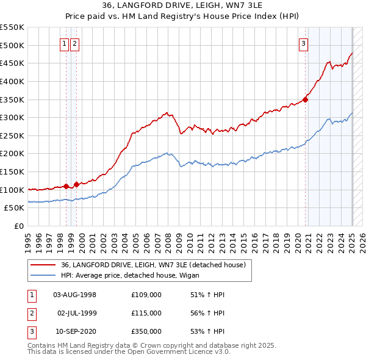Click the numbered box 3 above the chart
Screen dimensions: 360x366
point(303,43)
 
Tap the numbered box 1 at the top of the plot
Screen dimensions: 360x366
point(65,43)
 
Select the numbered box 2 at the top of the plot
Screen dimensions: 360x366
point(74,43)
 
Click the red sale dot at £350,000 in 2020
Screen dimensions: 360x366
point(306,101)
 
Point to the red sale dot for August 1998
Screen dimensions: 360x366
point(66,186)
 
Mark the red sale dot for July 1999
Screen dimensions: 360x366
point(76,184)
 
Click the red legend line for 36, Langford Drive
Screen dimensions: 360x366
point(43,265)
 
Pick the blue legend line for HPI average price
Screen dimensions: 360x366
point(43,275)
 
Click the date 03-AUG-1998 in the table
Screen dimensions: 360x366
point(75,295)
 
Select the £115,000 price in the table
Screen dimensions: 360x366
point(146,313)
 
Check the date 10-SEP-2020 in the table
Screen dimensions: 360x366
point(75,331)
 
